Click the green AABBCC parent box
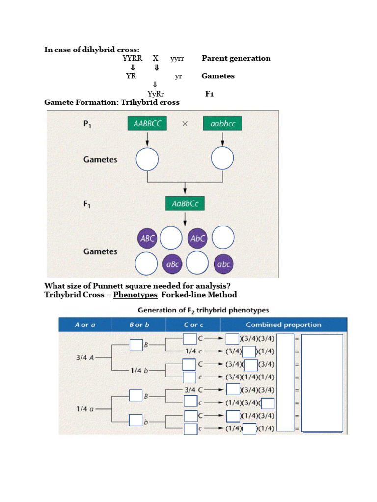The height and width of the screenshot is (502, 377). point(147,124)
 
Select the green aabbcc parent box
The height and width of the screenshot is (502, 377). point(222,124)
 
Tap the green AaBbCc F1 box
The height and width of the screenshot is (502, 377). point(185,203)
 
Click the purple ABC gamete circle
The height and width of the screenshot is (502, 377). point(148,239)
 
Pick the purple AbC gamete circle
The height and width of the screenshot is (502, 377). point(197,239)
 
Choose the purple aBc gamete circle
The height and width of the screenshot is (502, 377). point(173,264)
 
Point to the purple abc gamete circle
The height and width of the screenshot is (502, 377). point(223,264)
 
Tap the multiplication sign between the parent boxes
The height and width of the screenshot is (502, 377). point(185,124)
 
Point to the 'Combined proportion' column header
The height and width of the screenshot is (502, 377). point(283,325)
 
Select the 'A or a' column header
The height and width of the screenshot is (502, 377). point(85,325)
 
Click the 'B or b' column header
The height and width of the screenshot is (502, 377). point(139,325)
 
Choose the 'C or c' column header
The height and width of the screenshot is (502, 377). point(193,325)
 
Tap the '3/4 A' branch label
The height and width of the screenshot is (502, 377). point(85,357)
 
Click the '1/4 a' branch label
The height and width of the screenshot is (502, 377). point(85,408)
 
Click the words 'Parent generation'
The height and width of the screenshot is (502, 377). point(236,58)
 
